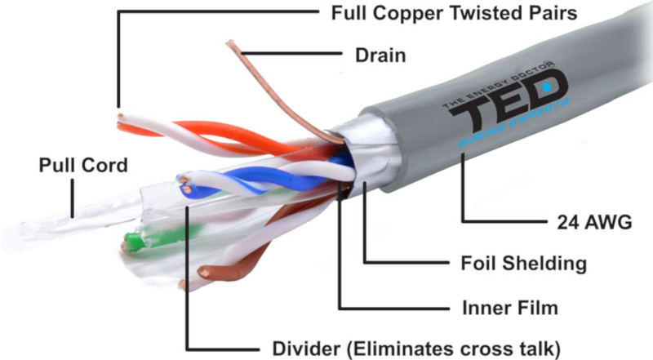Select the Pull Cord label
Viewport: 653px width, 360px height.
point(84,166)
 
